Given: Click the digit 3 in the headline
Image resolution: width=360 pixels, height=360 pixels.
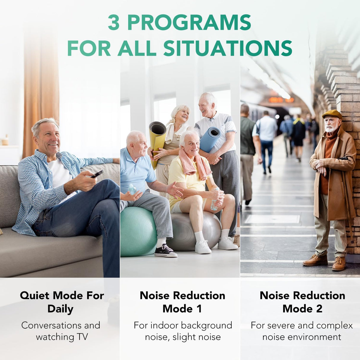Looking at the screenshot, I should tap(114, 23).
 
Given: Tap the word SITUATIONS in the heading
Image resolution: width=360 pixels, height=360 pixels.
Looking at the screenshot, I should tap(228, 48).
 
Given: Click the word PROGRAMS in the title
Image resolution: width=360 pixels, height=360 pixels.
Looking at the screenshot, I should tap(189, 23).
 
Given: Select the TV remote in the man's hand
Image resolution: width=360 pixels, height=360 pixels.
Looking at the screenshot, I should tap(97, 174).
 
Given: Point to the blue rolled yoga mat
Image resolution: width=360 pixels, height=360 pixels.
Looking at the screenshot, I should tap(210, 138).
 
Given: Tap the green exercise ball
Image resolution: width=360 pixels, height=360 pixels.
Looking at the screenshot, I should tap(138, 231).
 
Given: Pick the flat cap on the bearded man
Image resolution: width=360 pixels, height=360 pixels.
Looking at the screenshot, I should tap(332, 114).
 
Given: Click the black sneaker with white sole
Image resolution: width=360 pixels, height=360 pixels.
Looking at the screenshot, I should tap(165, 251).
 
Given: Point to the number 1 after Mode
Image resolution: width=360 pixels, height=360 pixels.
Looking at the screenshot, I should tap(199, 309).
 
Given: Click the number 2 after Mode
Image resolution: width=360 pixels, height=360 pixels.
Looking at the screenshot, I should tap(319, 309).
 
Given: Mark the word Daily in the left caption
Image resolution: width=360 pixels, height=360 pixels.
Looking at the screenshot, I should tap(60, 309).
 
